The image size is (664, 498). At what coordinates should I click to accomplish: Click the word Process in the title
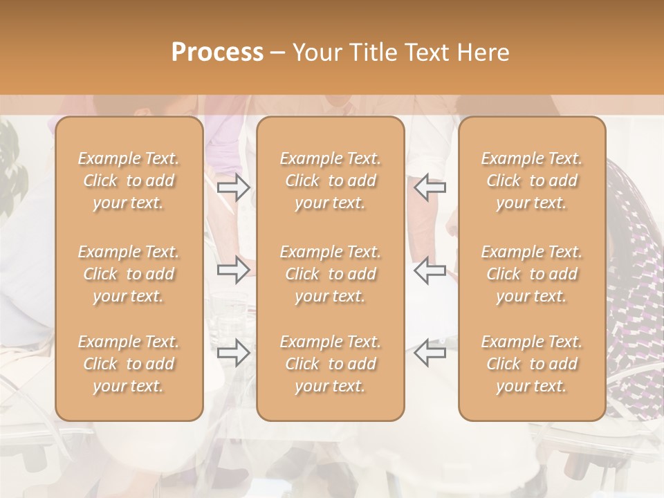[217, 53]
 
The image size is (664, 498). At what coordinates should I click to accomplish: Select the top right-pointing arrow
[233, 187]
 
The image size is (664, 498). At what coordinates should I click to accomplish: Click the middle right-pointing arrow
[233, 270]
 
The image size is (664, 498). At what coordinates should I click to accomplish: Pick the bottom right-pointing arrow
[233, 353]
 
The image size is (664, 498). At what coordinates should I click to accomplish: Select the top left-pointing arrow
[430, 187]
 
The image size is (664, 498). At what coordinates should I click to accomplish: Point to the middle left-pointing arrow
[430, 270]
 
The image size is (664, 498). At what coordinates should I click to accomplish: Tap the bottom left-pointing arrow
[430, 353]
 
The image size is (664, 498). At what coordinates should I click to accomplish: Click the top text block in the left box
[129, 181]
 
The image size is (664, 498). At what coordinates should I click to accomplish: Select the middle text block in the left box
[129, 274]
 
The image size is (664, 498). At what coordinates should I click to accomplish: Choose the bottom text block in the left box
[129, 364]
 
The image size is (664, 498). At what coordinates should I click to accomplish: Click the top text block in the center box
[331, 181]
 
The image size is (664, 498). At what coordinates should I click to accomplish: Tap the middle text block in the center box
[331, 274]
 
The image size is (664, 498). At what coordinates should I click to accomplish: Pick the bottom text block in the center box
[331, 364]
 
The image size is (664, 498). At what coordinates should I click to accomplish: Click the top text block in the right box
[532, 181]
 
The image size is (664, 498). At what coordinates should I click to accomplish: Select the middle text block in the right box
[532, 274]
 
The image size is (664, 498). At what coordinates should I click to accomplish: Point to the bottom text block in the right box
[532, 364]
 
